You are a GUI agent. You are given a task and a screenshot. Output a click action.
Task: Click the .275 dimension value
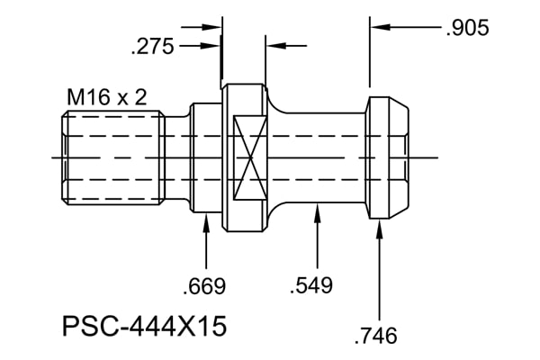[153, 47]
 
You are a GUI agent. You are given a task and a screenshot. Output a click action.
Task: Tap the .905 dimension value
[467, 28]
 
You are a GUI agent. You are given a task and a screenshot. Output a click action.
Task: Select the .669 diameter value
[204, 286]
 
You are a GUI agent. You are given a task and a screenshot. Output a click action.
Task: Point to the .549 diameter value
[311, 285]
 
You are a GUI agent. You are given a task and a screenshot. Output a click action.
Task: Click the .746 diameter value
[375, 336]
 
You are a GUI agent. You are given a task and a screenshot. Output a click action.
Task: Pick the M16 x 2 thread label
[107, 97]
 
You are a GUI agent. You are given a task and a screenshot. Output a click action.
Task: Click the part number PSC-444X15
[145, 326]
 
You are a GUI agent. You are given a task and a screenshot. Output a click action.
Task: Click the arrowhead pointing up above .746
[380, 229]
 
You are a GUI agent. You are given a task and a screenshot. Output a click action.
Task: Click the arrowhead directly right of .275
[210, 46]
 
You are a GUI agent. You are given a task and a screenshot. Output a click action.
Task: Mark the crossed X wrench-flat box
[250, 157]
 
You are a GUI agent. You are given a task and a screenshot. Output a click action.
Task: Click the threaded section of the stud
[113, 157]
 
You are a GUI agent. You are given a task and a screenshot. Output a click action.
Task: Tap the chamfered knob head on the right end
[387, 157]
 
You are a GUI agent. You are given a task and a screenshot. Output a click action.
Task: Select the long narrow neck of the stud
[325, 157]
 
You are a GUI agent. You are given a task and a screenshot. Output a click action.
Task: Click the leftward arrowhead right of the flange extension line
[276, 46]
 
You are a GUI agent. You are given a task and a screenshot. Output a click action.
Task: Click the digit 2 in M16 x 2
[140, 97]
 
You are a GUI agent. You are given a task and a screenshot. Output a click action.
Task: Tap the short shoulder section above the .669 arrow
[206, 157]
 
